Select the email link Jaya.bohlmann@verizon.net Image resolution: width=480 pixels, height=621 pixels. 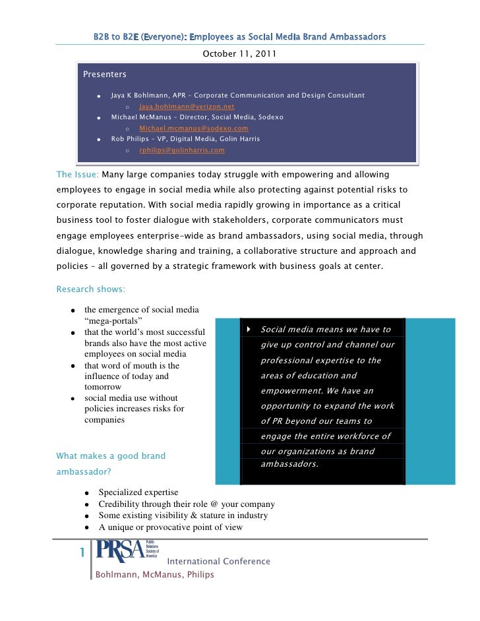tap(187, 106)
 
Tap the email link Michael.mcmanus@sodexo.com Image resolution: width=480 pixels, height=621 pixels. tap(194, 128)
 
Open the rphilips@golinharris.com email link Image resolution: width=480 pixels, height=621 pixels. tap(181, 150)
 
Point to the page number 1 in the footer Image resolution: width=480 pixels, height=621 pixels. tap(81, 552)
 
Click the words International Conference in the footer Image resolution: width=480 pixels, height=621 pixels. tap(218, 562)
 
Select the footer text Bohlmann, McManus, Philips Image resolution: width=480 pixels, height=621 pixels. tap(154, 575)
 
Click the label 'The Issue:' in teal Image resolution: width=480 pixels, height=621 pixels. tap(78, 175)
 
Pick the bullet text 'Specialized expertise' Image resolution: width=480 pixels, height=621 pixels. tap(138, 492)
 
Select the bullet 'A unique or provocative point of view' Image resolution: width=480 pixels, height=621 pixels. tap(170, 527)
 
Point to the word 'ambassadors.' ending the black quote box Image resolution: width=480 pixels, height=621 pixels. tap(289, 463)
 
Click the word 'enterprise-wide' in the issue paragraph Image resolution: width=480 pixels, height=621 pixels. tap(179, 235)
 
